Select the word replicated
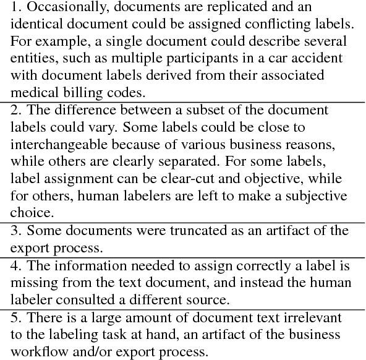pos(231,8)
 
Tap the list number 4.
pos(16,267)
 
